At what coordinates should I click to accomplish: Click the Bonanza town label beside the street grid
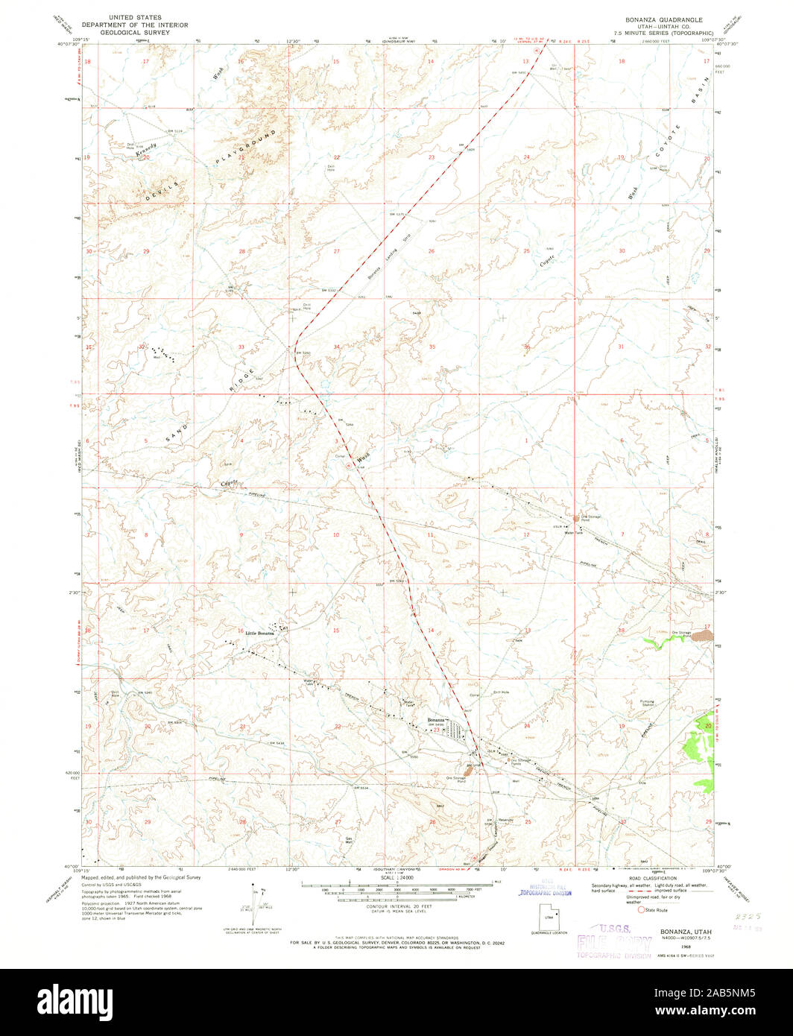coord(437,720)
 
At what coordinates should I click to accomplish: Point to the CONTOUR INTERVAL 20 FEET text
coord(396,911)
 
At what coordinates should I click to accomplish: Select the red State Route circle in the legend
coord(639,909)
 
